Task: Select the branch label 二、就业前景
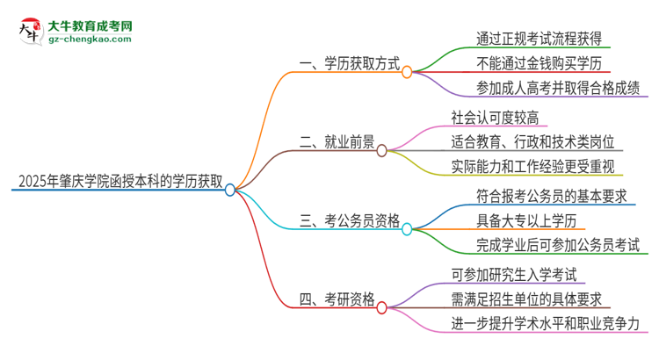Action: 337,141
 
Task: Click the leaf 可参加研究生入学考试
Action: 519,275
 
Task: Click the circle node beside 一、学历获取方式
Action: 407,72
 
